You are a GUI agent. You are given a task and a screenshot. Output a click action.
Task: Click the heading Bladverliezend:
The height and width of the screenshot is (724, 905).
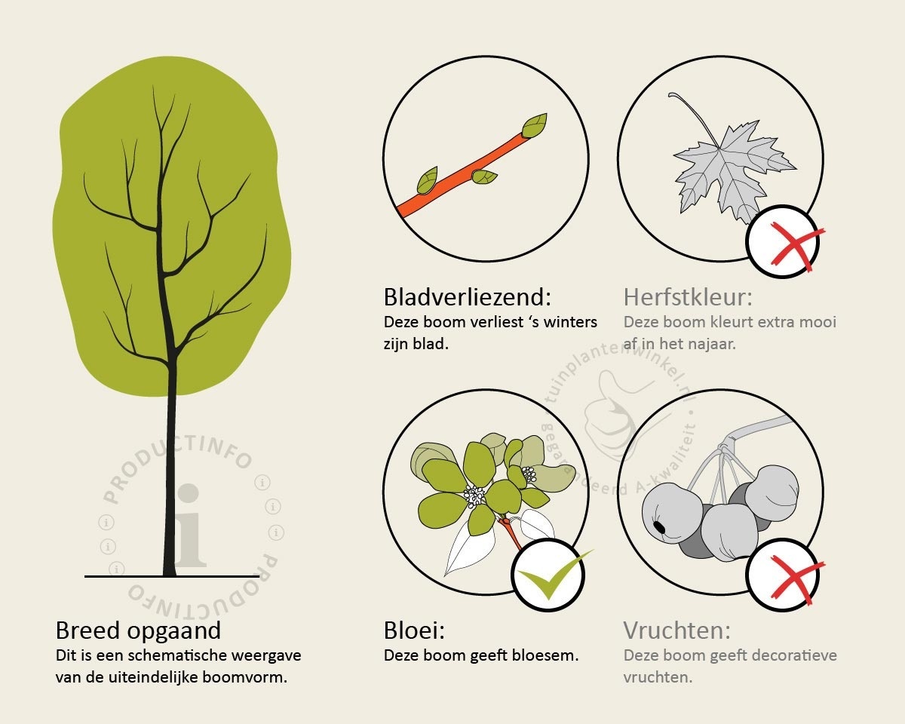click(x=468, y=297)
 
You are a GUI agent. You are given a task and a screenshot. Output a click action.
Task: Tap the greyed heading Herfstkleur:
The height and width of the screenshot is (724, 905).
click(x=688, y=297)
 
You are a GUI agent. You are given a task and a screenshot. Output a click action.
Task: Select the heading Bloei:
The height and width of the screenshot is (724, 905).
click(x=414, y=630)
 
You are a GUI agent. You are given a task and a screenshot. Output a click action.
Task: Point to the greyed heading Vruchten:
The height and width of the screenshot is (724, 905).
click(x=677, y=630)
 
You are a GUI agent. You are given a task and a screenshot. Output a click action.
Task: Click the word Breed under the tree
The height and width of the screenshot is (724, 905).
click(x=88, y=630)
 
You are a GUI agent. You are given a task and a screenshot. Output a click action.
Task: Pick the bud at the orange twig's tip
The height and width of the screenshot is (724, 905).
click(x=535, y=125)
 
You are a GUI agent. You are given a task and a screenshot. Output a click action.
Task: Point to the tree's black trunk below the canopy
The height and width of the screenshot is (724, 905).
click(x=170, y=483)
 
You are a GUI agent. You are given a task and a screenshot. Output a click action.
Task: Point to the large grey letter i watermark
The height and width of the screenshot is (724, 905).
click(x=190, y=526)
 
